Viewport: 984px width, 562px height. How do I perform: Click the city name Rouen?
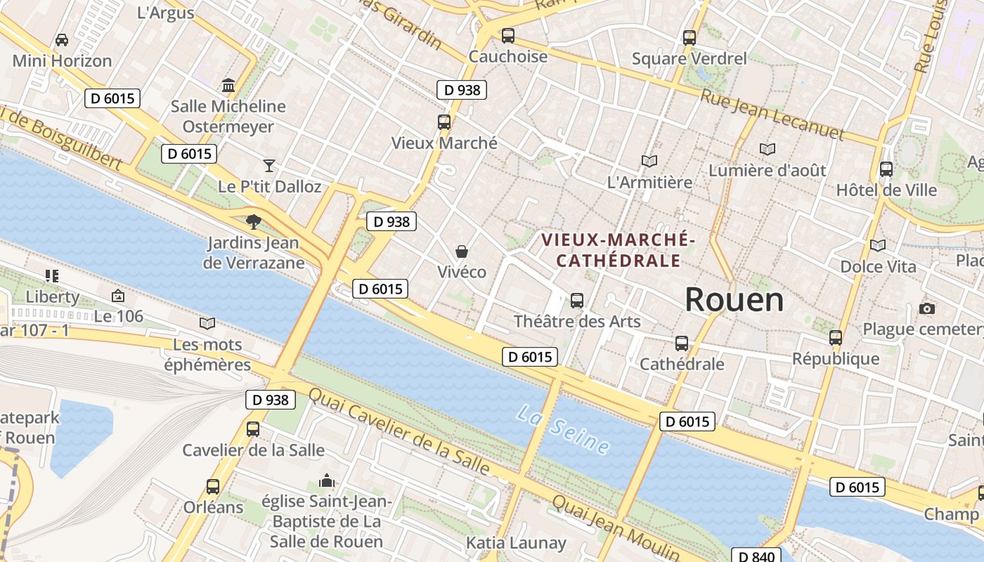734,300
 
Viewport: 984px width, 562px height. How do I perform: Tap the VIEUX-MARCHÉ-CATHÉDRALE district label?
619,250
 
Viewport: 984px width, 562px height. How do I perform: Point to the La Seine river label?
562,428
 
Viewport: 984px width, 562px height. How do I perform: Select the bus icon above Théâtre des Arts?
577,300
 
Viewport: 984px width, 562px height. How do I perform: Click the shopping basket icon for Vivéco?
462,251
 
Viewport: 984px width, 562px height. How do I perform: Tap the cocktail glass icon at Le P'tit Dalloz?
269,165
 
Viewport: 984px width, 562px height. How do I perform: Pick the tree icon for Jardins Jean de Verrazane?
253,222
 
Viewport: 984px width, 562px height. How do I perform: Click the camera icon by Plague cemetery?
926,308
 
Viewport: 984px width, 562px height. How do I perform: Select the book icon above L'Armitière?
649,161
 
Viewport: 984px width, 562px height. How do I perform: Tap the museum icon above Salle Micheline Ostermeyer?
228,86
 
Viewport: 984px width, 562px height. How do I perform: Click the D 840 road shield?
756,556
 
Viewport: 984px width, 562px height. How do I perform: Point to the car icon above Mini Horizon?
62,39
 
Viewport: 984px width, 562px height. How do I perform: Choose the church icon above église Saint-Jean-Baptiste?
326,481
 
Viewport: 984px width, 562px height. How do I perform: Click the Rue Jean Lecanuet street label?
771,114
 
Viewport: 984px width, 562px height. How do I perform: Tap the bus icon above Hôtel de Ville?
886,169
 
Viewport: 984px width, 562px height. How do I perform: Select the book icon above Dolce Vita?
878,245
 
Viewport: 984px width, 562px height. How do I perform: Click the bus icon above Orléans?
213,486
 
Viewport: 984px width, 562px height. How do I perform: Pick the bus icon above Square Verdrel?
690,37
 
